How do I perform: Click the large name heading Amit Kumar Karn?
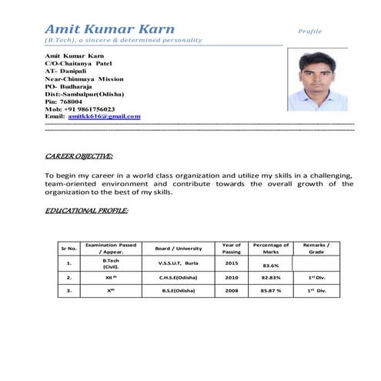click(109, 29)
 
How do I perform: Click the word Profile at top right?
click(310, 32)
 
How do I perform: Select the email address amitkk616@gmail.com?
click(104, 116)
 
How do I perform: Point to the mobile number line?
click(80, 109)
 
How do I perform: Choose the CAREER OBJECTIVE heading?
click(79, 156)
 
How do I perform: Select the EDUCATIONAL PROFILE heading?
click(86, 210)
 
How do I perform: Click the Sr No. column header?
click(69, 248)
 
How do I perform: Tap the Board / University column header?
click(178, 248)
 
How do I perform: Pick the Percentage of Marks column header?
click(271, 248)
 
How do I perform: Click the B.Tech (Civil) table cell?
click(111, 264)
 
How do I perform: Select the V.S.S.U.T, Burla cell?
click(178, 262)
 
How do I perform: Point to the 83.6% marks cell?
click(271, 266)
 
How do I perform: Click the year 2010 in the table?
click(232, 277)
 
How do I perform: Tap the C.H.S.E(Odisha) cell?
click(178, 277)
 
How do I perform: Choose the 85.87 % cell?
click(271, 291)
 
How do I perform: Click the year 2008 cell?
click(232, 291)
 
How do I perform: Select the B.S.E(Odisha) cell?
click(178, 291)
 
